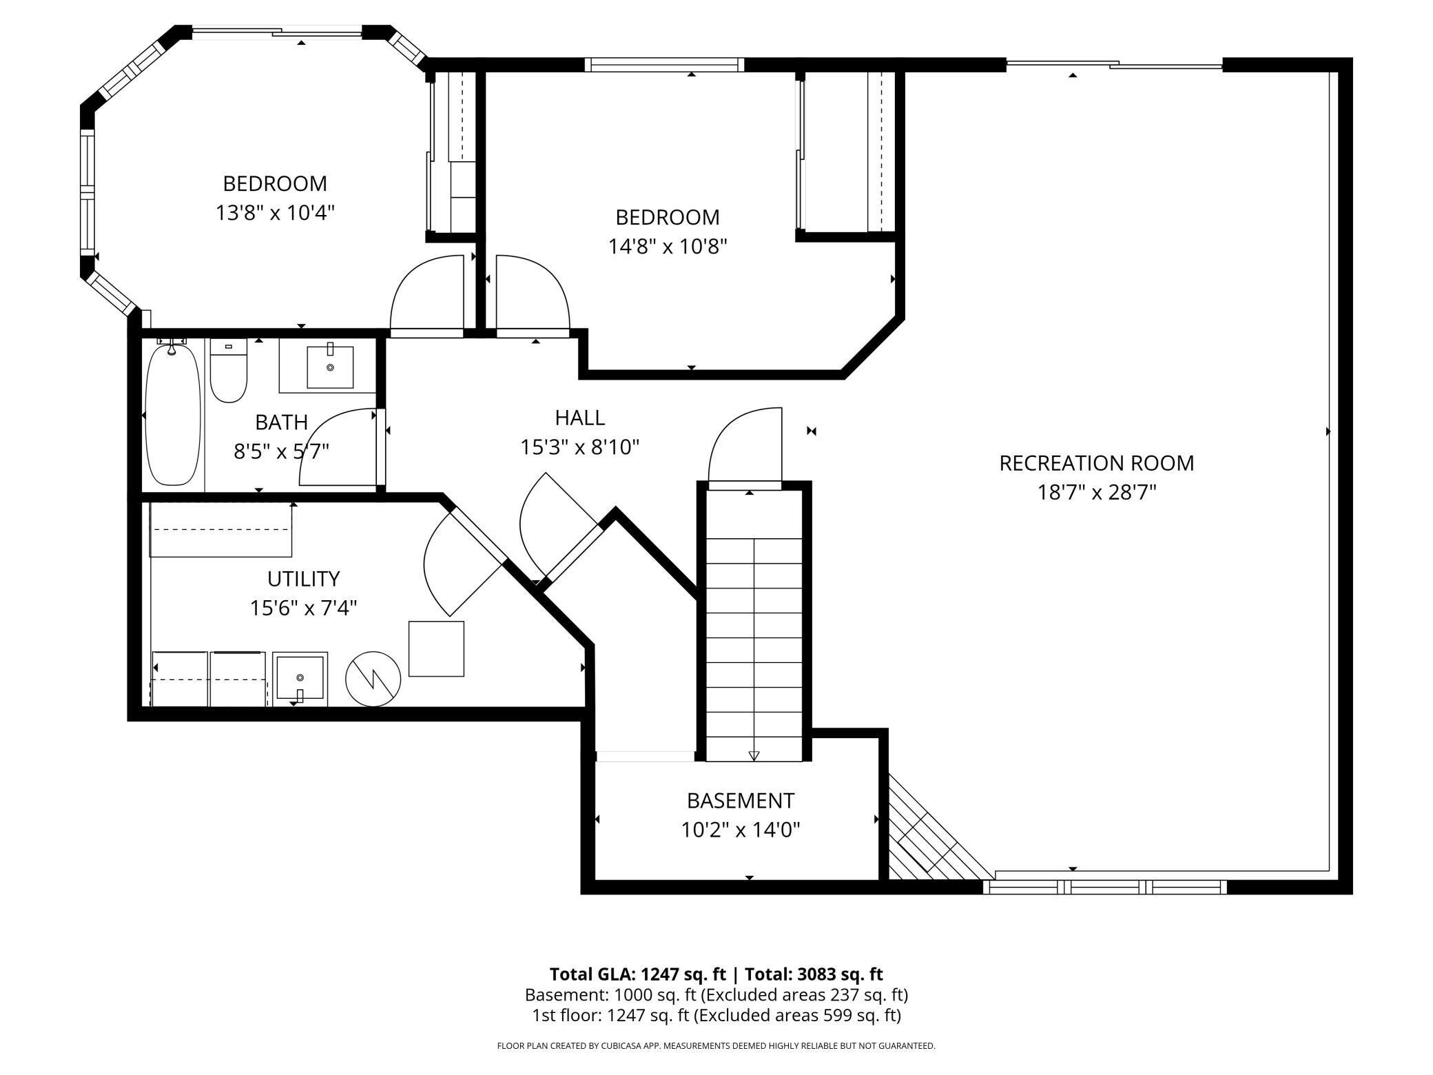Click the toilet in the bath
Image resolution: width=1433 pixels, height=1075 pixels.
pyautogui.click(x=229, y=372)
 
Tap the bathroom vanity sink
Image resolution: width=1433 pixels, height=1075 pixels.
pyautogui.click(x=329, y=367)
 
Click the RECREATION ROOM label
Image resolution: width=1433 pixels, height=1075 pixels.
pyautogui.click(x=1096, y=463)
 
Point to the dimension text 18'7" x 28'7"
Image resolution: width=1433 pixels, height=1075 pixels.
pyautogui.click(x=1096, y=493)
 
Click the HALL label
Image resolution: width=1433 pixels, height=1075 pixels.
pyautogui.click(x=579, y=418)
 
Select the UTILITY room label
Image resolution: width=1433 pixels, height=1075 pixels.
pyautogui.click(x=303, y=578)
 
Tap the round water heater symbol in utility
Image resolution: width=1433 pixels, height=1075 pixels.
pyautogui.click(x=373, y=678)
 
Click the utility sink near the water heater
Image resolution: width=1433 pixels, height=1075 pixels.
pyautogui.click(x=300, y=679)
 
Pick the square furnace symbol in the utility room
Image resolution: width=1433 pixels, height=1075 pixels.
pyautogui.click(x=436, y=648)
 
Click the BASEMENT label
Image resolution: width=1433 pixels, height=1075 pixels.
pyautogui.click(x=740, y=801)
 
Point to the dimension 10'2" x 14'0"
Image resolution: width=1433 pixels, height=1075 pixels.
pyautogui.click(x=740, y=830)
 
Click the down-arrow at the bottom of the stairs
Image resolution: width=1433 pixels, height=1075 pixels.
pyautogui.click(x=754, y=755)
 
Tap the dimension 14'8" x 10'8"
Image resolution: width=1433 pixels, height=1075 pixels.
pyautogui.click(x=667, y=247)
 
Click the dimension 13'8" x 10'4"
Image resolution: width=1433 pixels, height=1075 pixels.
pyautogui.click(x=275, y=213)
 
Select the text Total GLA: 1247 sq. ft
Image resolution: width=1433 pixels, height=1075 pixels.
pyautogui.click(x=637, y=974)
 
